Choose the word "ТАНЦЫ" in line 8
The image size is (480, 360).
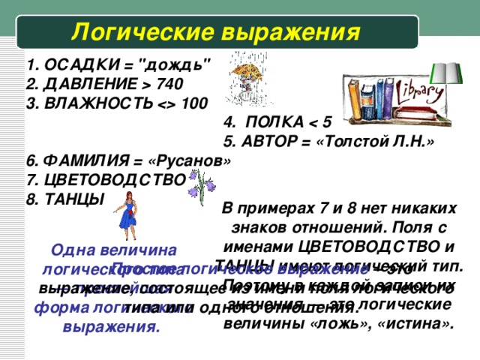tap(72, 198)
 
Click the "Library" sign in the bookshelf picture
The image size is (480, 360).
tap(423, 92)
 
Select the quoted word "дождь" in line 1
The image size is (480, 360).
tap(178, 64)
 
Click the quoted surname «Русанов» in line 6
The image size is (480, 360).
tap(192, 161)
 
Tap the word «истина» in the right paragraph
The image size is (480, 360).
tap(424, 322)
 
